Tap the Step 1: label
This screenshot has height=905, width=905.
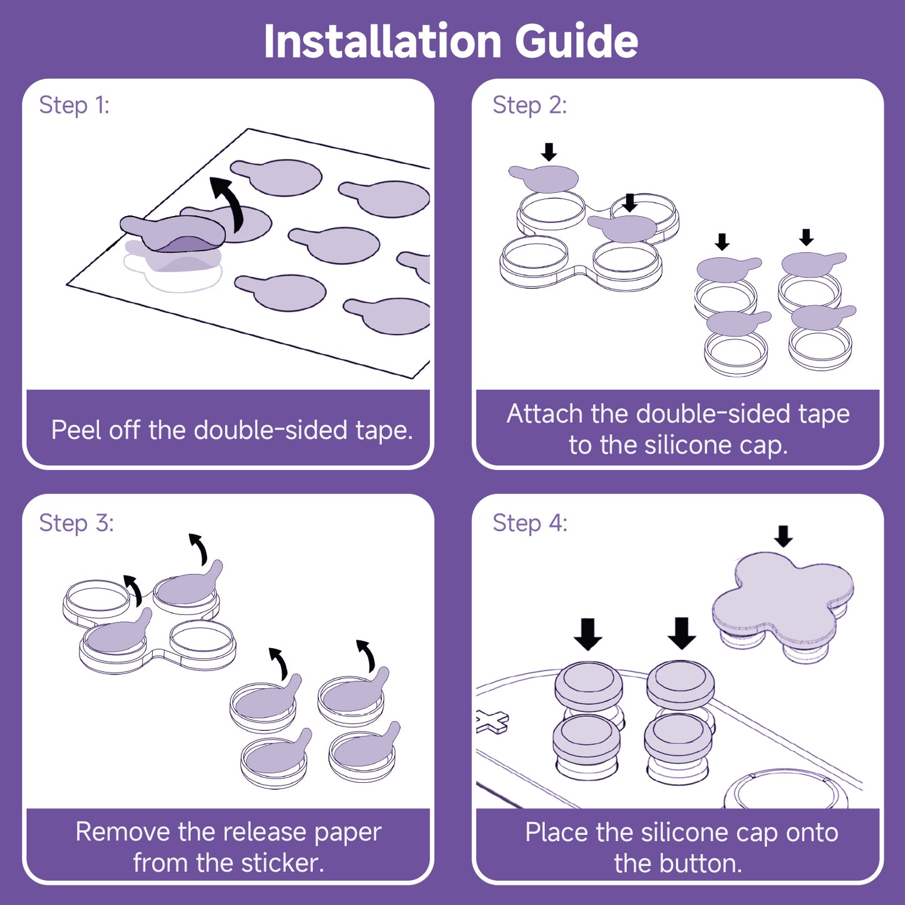tap(74, 105)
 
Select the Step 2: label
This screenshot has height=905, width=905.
tap(529, 105)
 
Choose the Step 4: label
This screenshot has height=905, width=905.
tap(530, 523)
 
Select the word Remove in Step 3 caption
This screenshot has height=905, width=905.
tap(122, 832)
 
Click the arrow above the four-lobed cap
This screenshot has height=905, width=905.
tap(783, 536)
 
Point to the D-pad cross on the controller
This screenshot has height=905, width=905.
tap(492, 721)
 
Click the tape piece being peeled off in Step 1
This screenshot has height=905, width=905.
tap(172, 233)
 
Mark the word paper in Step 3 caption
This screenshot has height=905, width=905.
tap(348, 832)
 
